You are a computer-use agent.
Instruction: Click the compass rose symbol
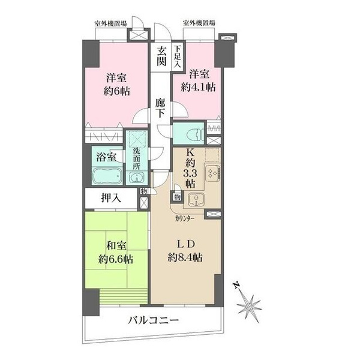[x=250, y=307]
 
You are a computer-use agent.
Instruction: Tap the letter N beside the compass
[x=236, y=286]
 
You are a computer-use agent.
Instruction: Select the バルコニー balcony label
[x=153, y=320]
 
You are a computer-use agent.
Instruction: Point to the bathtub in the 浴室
[x=107, y=176]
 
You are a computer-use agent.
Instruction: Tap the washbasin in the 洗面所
[x=136, y=178]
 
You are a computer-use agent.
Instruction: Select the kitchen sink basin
[x=196, y=199]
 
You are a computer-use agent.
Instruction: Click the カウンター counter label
[x=185, y=218]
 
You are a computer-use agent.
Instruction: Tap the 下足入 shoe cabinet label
[x=177, y=56]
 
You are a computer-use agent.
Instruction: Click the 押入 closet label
[x=111, y=198]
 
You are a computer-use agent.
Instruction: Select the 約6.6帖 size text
[x=116, y=259]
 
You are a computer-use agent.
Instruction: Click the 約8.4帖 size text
[x=185, y=257]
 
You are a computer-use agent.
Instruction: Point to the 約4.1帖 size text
[x=198, y=87]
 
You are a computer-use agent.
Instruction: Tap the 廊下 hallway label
[x=160, y=108]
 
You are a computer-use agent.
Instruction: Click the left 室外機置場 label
[x=110, y=23]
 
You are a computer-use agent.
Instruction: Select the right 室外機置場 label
[x=199, y=23]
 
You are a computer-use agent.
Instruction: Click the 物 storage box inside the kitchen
[x=177, y=197]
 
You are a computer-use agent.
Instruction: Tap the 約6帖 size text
[x=116, y=92]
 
